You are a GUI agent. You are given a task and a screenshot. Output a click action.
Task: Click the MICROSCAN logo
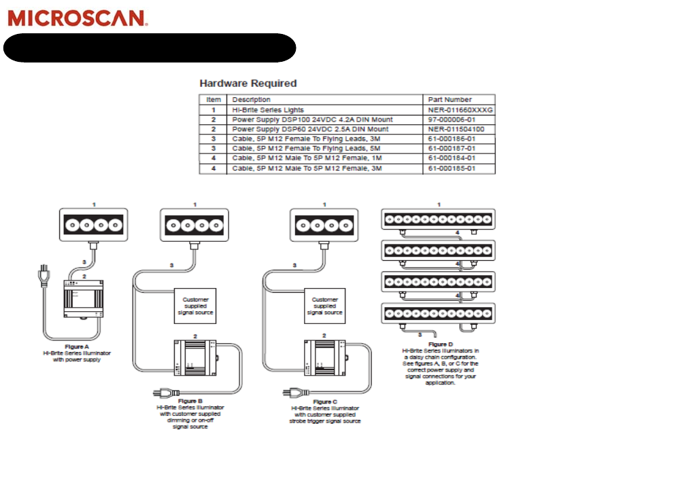[x=78, y=18]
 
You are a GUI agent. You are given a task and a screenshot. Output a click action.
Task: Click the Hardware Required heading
[x=248, y=84]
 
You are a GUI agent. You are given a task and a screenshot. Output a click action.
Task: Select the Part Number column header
[x=450, y=99]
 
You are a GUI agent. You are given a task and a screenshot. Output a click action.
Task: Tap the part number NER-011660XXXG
[x=460, y=109]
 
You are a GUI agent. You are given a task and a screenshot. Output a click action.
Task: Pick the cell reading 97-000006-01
[x=452, y=119]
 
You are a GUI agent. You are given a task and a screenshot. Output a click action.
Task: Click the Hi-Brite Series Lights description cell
[x=268, y=109]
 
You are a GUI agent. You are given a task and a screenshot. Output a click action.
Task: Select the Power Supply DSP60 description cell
[x=310, y=128]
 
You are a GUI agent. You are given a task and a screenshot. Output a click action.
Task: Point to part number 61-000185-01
[x=452, y=168]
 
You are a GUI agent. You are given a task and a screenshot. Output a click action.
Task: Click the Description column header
[x=251, y=99]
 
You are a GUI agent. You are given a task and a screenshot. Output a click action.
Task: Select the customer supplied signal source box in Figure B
[x=195, y=306]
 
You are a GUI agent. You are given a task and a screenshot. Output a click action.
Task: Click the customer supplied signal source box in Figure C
[x=324, y=306]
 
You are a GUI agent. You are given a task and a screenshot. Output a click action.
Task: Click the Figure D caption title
[x=439, y=344]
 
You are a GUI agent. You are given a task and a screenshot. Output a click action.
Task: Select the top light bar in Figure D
[x=438, y=219]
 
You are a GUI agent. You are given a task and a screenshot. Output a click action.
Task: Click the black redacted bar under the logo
[x=150, y=48]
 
